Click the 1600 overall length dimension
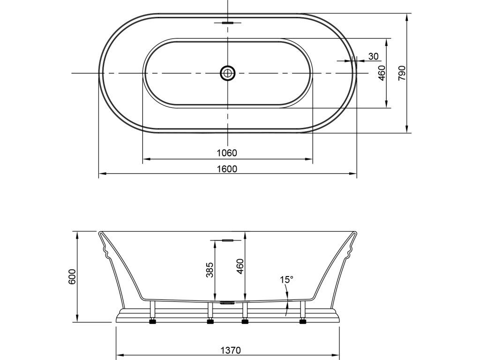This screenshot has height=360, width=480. coord(227,169)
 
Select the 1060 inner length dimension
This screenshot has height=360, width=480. coord(227,152)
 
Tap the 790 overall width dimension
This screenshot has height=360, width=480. coord(402,73)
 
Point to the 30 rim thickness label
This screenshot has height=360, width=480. coord(373,56)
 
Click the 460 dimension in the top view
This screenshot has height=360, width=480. coord(382,73)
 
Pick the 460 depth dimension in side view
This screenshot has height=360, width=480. coord(240,266)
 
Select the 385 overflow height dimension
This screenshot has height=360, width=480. coord(210,270)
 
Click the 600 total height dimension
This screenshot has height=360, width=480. coord(72,277)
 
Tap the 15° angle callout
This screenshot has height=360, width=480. coord(286,279)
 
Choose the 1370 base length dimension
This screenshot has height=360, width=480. coord(231,350)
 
